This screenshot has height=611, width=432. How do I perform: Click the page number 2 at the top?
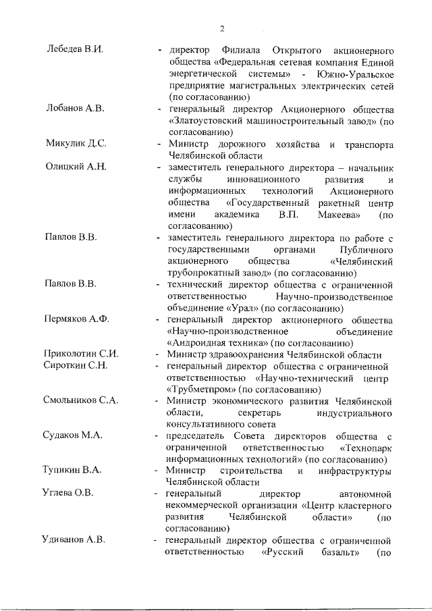tap(221, 28)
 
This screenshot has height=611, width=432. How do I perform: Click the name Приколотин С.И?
tap(81, 354)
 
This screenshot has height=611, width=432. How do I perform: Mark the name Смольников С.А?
tap(81, 400)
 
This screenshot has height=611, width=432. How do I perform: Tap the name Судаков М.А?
tap(74, 435)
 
